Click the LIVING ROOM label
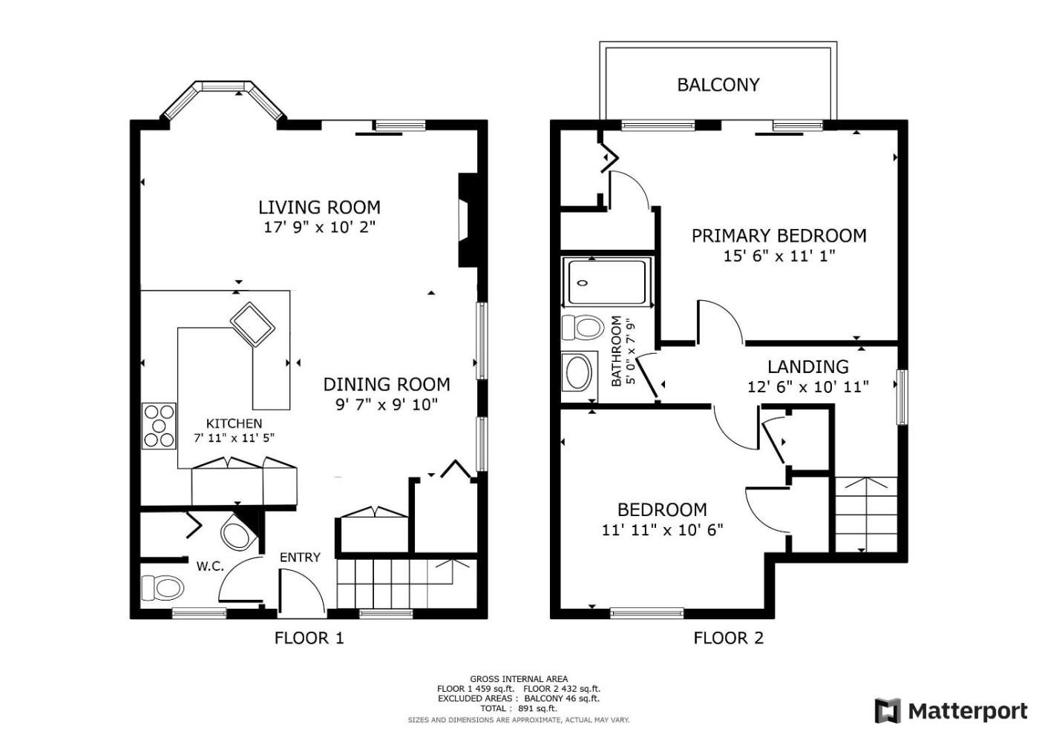point(319,207)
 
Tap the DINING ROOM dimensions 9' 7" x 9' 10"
point(387,405)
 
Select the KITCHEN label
point(234,423)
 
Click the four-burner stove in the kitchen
point(159,426)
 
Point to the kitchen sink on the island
point(252,325)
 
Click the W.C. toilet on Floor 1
point(162,588)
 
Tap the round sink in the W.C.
point(238,535)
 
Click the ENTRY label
point(300,558)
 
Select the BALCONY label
point(718,85)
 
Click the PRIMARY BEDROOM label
point(779,236)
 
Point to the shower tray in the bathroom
point(607,282)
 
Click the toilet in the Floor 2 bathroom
point(583,328)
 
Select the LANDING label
point(807,367)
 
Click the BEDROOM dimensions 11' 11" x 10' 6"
point(662,529)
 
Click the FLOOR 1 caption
point(309,638)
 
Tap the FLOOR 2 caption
point(728,638)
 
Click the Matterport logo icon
point(888,711)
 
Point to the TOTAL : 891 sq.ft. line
point(519,709)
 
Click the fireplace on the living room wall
point(467,220)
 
